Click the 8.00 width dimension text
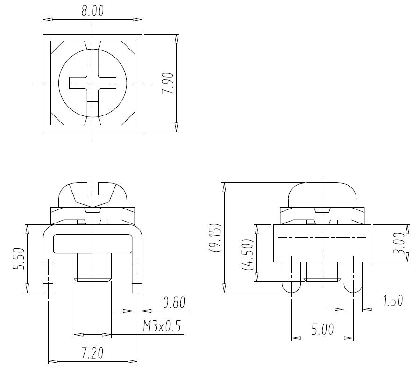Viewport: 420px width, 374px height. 93,11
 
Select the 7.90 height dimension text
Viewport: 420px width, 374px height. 168,83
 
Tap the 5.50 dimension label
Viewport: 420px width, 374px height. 19,259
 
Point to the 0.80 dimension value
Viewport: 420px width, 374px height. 174,302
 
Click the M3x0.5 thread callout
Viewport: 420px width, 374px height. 162,326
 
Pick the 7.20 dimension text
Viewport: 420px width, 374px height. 93,353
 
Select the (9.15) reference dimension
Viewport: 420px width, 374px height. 215,237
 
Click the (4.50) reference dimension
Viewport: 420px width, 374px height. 247,254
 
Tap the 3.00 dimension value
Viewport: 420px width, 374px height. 399,243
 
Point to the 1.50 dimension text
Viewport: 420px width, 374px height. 393,301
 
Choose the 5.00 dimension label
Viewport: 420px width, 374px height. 322,330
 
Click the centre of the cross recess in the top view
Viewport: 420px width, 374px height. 93,83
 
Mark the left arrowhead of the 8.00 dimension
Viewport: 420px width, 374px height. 48,19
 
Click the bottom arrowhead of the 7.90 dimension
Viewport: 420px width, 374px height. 176,127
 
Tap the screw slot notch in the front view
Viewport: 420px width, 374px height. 93,188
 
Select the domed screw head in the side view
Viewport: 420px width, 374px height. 322,195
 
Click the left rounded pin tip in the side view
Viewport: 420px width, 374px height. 292,288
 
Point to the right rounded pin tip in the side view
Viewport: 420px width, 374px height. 353,288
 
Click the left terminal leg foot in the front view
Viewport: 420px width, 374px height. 48,288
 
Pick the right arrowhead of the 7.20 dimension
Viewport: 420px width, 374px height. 133,361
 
